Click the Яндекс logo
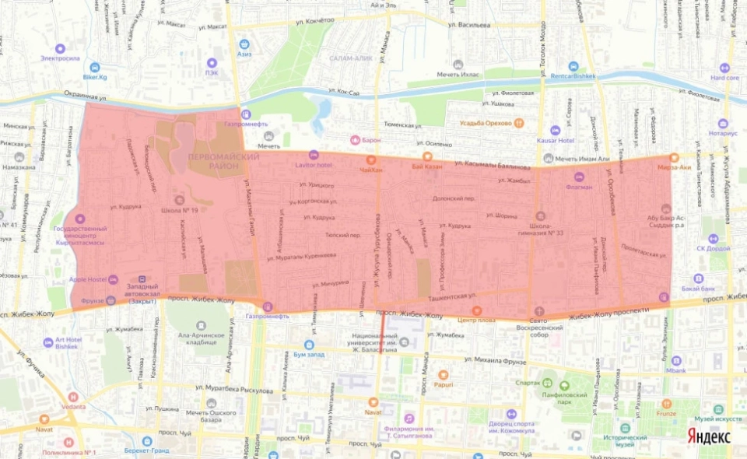[708, 437]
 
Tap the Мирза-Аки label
[673, 166]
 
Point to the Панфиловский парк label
[567, 394]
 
